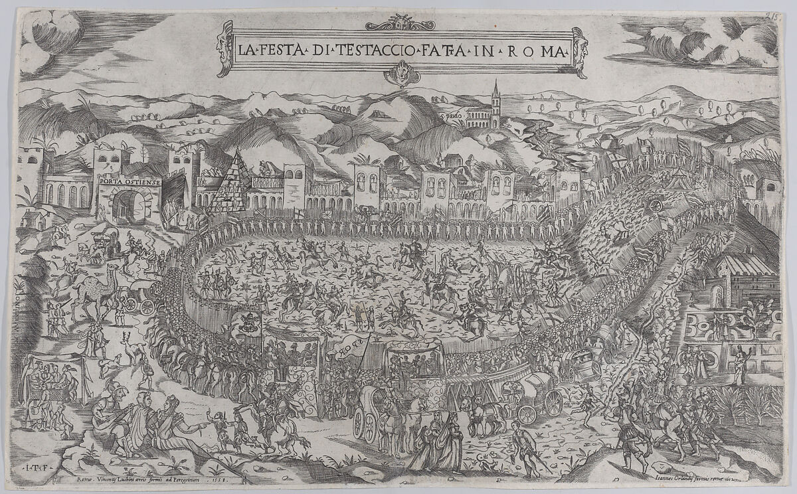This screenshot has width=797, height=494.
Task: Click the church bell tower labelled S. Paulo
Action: pos(495,103)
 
